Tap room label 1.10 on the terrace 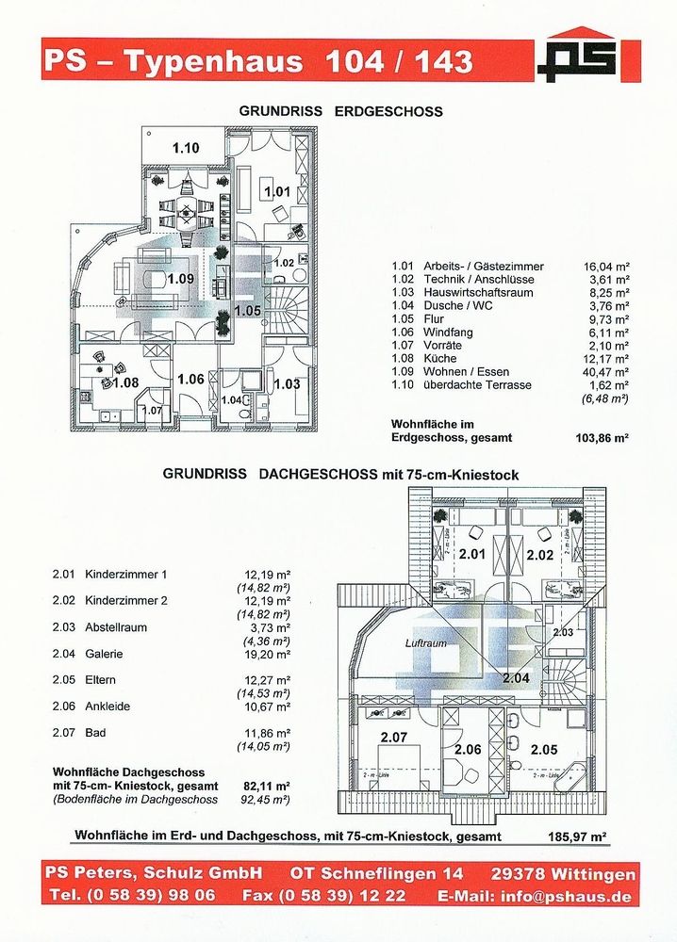click(x=185, y=148)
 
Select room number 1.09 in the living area click(x=180, y=279)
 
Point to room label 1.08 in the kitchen click(x=125, y=383)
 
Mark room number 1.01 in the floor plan click(x=277, y=192)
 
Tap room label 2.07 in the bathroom click(x=394, y=737)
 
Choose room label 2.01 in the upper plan click(x=471, y=555)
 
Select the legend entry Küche click(x=442, y=359)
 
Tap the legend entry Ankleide click(x=107, y=706)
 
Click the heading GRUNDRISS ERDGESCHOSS click(x=340, y=111)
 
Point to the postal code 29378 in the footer click(x=524, y=874)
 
